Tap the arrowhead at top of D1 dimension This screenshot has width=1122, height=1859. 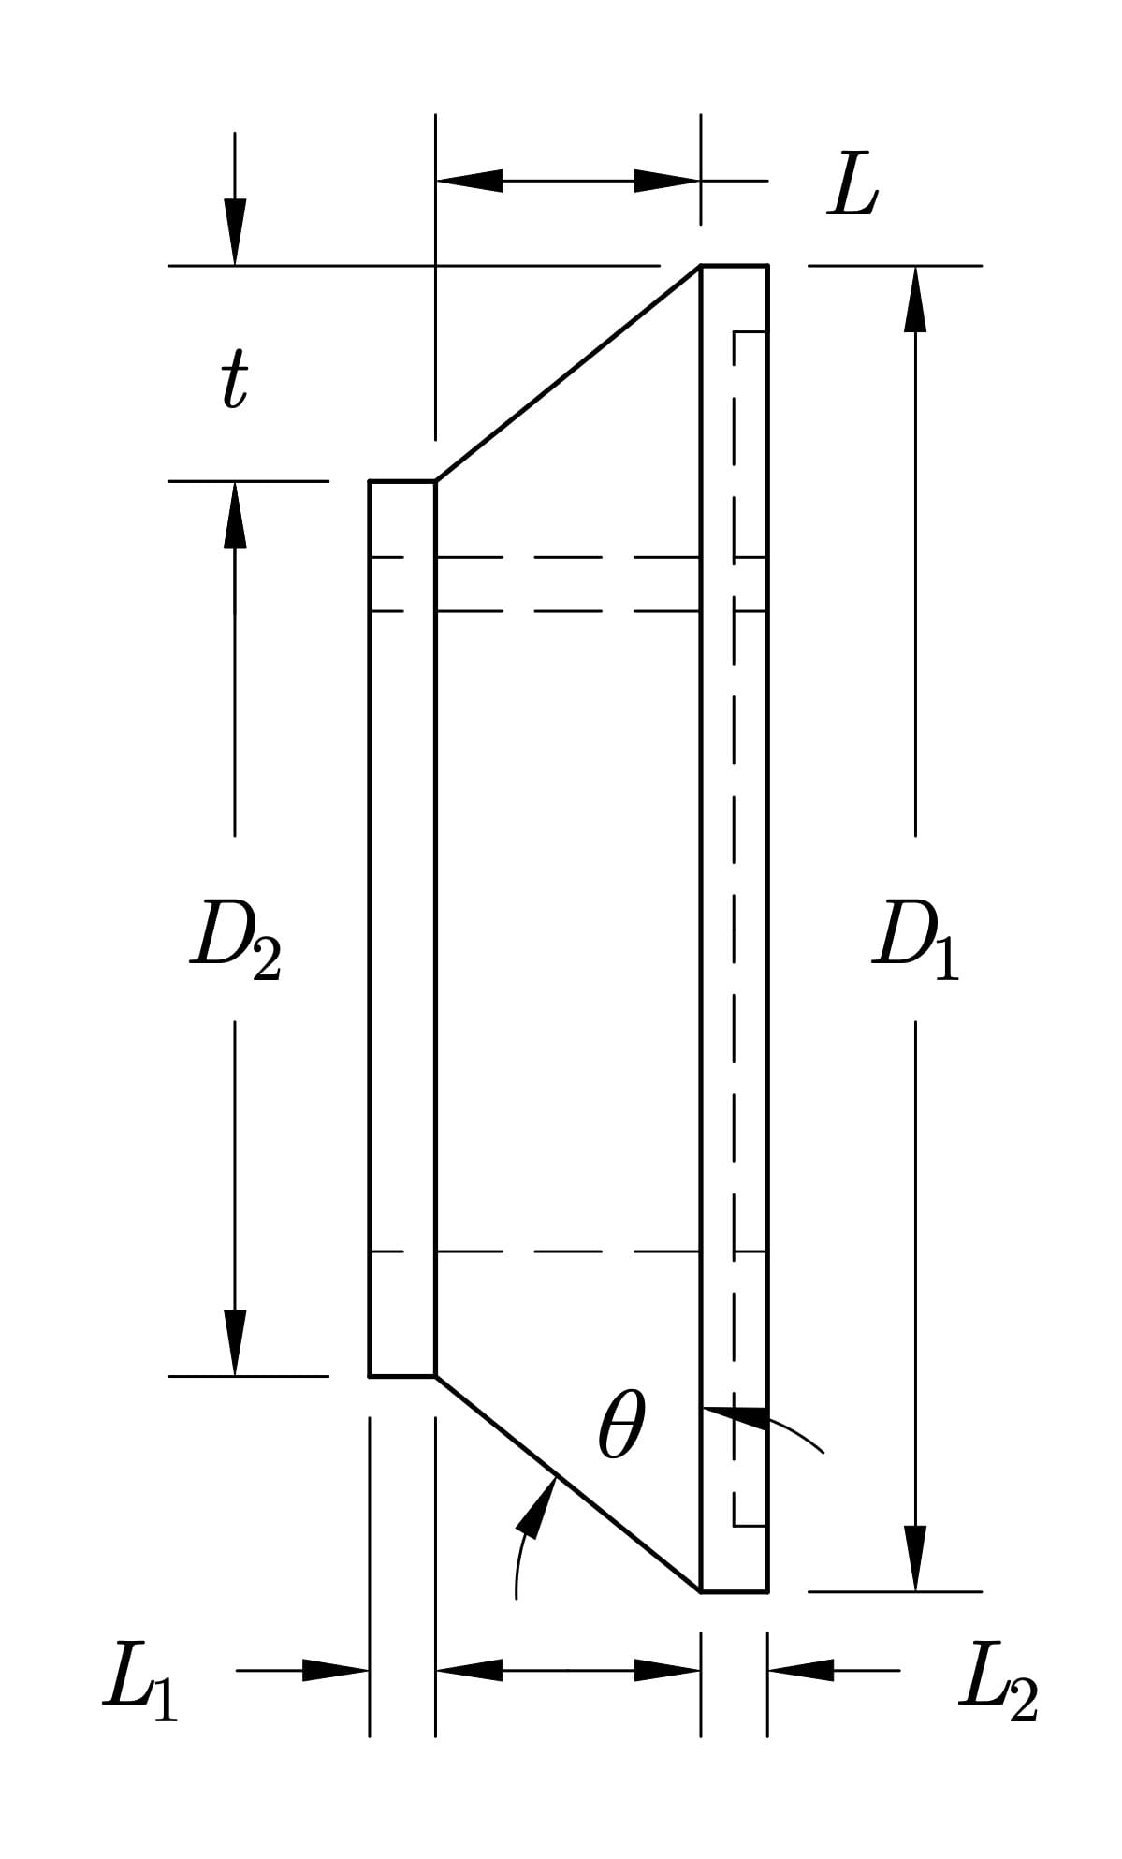pyautogui.click(x=915, y=298)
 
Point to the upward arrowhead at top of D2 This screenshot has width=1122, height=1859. pyautogui.click(x=235, y=515)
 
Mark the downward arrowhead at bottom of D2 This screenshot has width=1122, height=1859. pyautogui.click(x=235, y=1343)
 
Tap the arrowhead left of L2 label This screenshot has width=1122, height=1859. pyautogui.click(x=801, y=1669)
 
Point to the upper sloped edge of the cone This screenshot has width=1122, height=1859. pyautogui.click(x=568, y=373)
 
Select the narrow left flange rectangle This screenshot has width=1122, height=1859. pyautogui.click(x=402, y=929)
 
